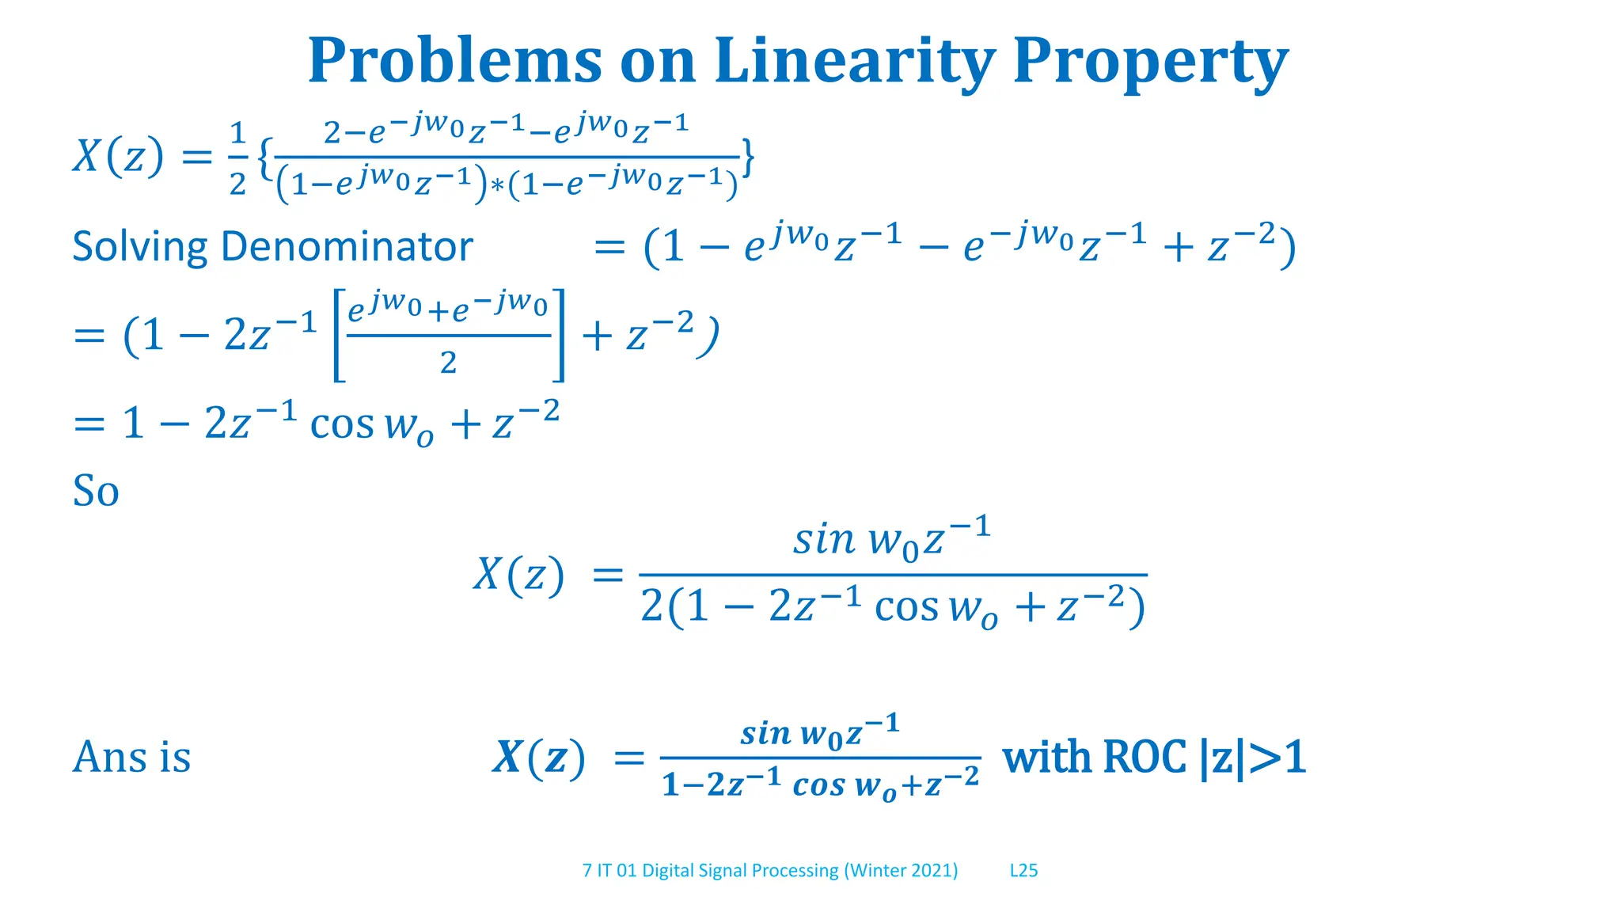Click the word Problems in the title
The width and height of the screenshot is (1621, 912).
point(455,61)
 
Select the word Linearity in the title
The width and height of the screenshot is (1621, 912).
point(854,61)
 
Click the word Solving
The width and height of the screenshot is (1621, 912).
point(140,247)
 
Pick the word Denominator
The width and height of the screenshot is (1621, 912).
point(347,246)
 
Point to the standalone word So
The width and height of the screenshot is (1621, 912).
point(96,491)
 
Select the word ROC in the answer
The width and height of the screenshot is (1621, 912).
point(1144,757)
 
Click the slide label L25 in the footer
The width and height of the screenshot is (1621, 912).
point(1023,870)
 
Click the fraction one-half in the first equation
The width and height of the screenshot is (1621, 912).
point(237,158)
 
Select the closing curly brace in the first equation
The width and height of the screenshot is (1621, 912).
point(748,158)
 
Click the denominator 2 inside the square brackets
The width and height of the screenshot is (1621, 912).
point(448,363)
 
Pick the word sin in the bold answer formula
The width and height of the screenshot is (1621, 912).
point(765,733)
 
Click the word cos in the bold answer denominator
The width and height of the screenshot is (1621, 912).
point(820,785)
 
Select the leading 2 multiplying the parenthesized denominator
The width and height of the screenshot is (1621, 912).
point(651,607)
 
